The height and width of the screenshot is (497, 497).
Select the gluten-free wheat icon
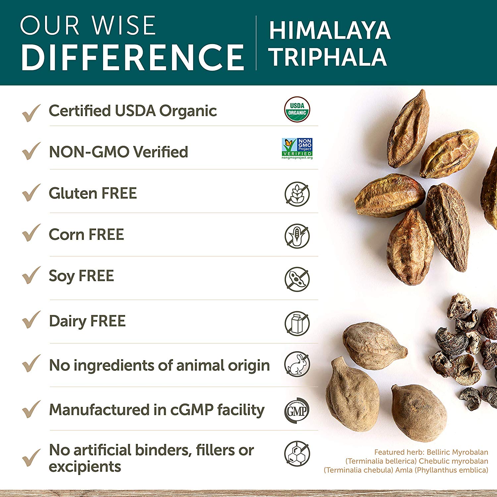tap(297, 194)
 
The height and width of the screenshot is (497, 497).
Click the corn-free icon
tap(297, 236)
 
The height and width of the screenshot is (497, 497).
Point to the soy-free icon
tap(297, 279)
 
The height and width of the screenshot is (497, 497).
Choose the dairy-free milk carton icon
tap(297, 323)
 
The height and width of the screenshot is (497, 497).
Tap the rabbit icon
tap(297, 364)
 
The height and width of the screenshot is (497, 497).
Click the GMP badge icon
tap(297, 410)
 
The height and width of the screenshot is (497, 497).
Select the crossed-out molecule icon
tap(297, 453)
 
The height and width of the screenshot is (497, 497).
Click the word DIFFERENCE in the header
tap(133, 57)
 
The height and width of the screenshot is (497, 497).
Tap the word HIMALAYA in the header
tap(330, 30)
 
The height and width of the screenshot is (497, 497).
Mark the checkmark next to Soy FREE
tap(31, 275)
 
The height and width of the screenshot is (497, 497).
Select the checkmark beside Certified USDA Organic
tap(31, 112)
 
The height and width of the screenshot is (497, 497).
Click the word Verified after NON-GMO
tap(160, 152)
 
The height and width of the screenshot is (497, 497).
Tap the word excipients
tap(85, 467)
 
